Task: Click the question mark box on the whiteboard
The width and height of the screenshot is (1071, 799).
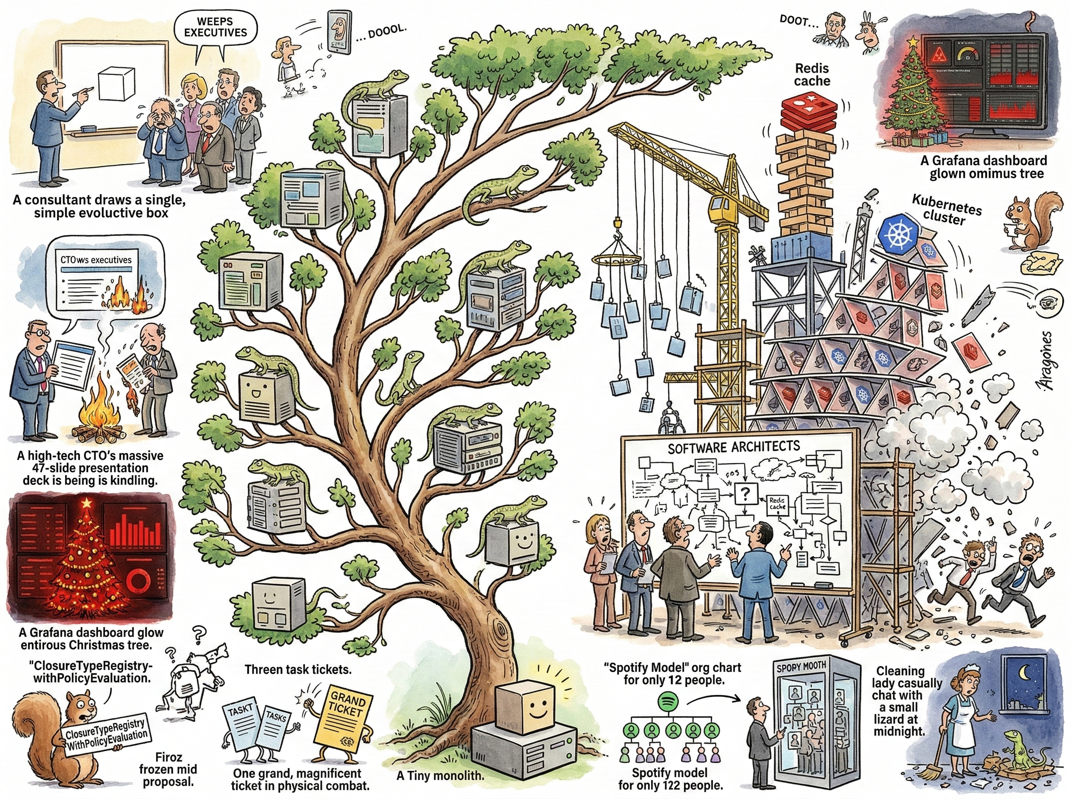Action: [746, 494]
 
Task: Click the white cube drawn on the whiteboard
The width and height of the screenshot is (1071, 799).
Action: [115, 84]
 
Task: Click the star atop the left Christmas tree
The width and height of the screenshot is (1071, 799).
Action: [87, 503]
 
